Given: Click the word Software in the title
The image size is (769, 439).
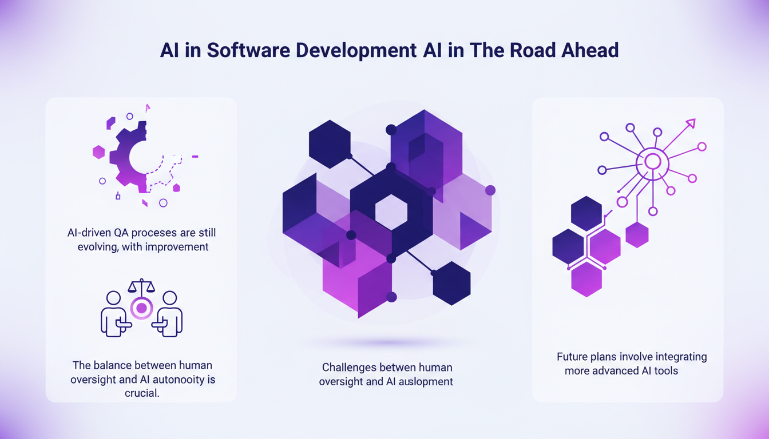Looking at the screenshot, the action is tap(248, 50).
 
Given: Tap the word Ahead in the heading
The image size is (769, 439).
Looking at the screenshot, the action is tap(590, 50).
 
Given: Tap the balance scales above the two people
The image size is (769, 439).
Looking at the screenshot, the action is tap(141, 286).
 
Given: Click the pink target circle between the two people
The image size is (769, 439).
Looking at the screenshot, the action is tap(141, 308).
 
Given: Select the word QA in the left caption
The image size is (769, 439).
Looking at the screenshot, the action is tap(121, 233).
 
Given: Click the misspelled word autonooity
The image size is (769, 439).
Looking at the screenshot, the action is tap(180, 380).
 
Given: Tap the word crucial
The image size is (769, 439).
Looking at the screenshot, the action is tap(142, 393).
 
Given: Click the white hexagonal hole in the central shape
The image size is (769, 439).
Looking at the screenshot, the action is tap(391, 212).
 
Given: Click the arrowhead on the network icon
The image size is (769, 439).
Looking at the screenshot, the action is tap(691, 124).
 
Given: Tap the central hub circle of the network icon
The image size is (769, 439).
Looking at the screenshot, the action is tap(652, 162).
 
